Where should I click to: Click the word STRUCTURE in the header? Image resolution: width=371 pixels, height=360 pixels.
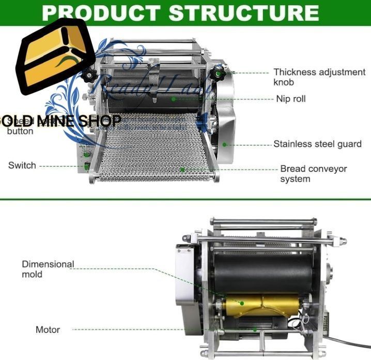[x=246, y=12]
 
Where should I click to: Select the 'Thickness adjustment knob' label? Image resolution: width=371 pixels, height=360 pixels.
[x=319, y=77]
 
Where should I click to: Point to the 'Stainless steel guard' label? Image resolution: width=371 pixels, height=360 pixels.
[x=317, y=144]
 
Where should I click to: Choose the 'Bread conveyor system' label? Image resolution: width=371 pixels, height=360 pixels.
[x=313, y=174]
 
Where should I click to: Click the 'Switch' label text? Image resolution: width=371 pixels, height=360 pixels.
[x=22, y=166]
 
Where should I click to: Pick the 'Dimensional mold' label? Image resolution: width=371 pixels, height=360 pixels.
[x=48, y=269]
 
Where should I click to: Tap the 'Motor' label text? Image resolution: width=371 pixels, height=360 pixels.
[x=48, y=329]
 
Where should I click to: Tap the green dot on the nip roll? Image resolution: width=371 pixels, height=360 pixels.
[x=174, y=99]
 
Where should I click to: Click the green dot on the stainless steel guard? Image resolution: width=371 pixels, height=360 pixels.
[x=225, y=144]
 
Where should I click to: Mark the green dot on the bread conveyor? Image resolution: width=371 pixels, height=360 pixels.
[x=182, y=169]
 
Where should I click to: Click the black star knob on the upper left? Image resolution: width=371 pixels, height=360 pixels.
[x=89, y=76]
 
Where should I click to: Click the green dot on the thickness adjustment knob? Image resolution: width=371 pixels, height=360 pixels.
[x=219, y=73]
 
